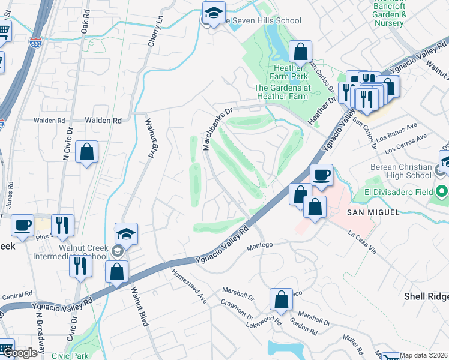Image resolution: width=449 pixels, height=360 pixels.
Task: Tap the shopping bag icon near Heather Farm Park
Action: click(x=300, y=52)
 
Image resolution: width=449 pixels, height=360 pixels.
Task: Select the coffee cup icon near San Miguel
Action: click(x=321, y=174)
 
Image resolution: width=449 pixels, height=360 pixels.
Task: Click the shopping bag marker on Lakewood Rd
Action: click(x=281, y=299)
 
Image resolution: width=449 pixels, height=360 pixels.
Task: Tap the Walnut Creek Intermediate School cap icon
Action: click(x=127, y=234)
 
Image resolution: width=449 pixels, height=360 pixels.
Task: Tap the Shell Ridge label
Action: click(x=426, y=296)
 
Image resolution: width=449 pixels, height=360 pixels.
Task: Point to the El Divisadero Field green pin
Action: click(x=442, y=193)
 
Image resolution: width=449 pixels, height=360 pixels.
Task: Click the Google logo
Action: click(x=20, y=353)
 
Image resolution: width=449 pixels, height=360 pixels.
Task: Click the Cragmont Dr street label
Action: click(x=237, y=311)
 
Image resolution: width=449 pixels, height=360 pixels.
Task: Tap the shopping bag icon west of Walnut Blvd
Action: click(x=87, y=152)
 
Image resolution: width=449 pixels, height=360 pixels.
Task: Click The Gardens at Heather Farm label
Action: click(x=282, y=92)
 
